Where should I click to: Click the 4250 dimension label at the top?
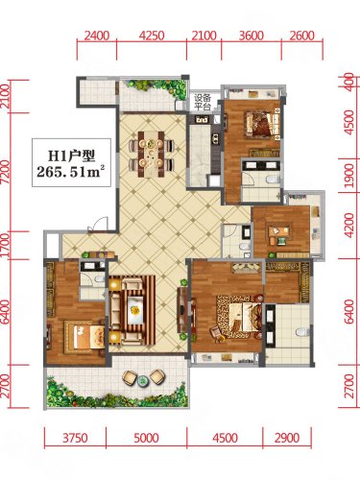(152, 36)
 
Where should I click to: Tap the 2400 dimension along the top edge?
(97, 36)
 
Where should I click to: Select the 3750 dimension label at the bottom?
(75, 438)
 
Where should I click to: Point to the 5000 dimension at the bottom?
(146, 438)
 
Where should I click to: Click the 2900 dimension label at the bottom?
(287, 438)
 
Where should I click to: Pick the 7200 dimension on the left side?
(6, 172)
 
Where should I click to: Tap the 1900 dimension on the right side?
(349, 176)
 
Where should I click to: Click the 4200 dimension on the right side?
(349, 226)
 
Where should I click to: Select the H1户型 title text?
(71, 156)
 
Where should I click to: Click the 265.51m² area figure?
(71, 171)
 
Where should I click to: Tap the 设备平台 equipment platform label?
(203, 102)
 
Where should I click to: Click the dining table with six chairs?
(151, 155)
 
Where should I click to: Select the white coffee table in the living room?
(135, 310)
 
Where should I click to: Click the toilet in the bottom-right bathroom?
(301, 332)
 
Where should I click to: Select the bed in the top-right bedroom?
(263, 125)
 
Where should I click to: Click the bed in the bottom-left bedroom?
(84, 335)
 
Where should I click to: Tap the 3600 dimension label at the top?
(252, 36)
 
